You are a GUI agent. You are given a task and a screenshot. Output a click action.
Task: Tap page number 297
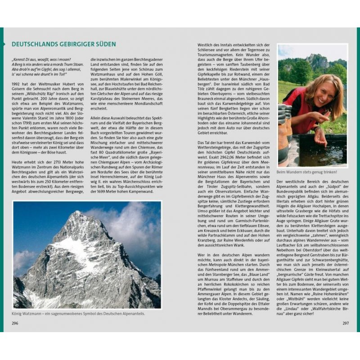coord(345,323)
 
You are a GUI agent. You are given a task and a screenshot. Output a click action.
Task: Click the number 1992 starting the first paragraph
coord(17,84)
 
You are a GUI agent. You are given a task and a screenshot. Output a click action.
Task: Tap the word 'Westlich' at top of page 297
coord(205,45)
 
